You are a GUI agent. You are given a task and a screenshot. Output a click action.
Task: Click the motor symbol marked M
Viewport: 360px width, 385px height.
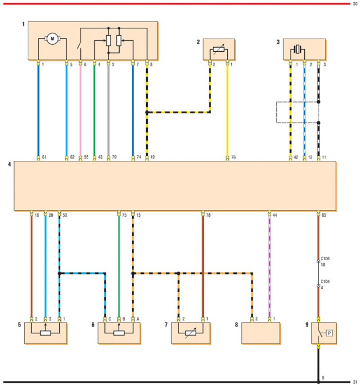52,39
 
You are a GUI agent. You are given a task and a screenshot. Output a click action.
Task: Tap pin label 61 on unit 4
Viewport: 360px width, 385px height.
44,158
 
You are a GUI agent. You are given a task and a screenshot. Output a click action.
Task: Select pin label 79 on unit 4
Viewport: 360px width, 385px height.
114,158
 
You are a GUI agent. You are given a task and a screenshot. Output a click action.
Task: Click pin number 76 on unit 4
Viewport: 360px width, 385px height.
233,158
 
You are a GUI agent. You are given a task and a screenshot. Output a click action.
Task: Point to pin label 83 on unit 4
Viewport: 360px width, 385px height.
324,215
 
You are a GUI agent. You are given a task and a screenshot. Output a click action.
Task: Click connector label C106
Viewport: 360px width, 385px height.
325,259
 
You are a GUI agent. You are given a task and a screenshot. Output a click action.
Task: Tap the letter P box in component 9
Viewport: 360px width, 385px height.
329,333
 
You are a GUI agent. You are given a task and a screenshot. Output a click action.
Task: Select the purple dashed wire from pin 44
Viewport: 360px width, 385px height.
269,266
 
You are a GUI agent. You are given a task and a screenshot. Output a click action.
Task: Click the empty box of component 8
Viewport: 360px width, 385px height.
261,333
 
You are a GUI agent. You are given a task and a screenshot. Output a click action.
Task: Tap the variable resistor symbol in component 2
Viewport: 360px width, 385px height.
218,50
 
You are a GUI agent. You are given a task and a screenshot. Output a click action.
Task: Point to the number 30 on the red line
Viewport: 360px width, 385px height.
355,4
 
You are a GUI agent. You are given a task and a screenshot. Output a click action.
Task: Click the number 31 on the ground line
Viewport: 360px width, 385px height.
355,381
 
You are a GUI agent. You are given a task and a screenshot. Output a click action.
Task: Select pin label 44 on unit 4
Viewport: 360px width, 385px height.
274,215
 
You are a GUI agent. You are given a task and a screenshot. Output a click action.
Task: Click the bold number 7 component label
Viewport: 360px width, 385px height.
166,324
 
